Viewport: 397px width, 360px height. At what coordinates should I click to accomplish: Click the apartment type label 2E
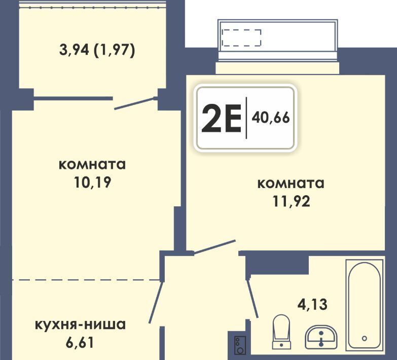point(221,119)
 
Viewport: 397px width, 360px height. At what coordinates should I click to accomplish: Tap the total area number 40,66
point(271,118)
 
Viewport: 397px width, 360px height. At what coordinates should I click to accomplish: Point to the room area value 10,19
point(92,182)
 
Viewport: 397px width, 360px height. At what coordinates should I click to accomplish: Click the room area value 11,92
point(291,201)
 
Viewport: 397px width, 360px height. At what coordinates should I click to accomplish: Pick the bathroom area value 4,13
point(312,304)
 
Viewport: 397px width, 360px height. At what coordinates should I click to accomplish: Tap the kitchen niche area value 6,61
point(80,342)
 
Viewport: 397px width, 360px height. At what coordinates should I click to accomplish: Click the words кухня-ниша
point(80,325)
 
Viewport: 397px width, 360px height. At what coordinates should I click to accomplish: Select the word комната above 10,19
point(92,165)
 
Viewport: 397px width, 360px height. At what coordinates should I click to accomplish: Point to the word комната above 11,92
point(291,184)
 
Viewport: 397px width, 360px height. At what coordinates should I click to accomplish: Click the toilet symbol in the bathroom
point(281,332)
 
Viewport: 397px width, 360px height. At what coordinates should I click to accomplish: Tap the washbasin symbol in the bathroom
point(321,337)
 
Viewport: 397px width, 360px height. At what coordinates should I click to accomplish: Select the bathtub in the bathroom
point(365,304)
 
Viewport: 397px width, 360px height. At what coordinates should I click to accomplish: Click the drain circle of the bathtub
point(365,338)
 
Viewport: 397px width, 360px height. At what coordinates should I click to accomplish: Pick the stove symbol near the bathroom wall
point(240,345)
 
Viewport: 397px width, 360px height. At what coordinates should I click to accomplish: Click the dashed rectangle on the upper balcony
point(241,38)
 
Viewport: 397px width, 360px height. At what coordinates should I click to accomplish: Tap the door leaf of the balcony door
point(134,103)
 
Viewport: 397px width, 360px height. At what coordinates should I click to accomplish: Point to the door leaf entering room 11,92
point(214,247)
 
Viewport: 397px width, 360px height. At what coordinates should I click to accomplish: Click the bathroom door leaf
point(252,298)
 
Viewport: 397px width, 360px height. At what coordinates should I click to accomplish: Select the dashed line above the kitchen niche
point(86,280)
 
